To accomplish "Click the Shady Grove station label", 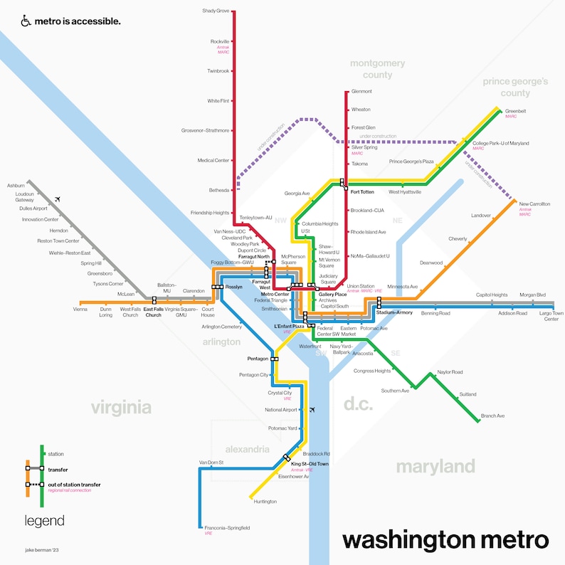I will coord(216,11).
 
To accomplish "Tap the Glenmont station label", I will coord(361,92).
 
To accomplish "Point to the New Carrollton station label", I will coord(534,204).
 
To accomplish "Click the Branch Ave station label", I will coord(492,416).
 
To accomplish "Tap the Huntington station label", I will coord(265,502).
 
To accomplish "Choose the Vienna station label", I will coord(80,310).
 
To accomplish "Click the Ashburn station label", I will coord(16,185).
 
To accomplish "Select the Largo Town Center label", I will coord(551,316).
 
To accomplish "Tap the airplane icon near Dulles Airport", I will coord(58,199).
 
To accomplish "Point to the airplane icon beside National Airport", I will coord(312,410).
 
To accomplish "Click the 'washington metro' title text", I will coord(445,539).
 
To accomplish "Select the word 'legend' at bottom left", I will coord(44,521).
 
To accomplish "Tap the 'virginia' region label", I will coord(121,407).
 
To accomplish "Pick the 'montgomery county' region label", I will coord(377,69).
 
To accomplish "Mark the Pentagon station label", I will coord(257,358).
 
